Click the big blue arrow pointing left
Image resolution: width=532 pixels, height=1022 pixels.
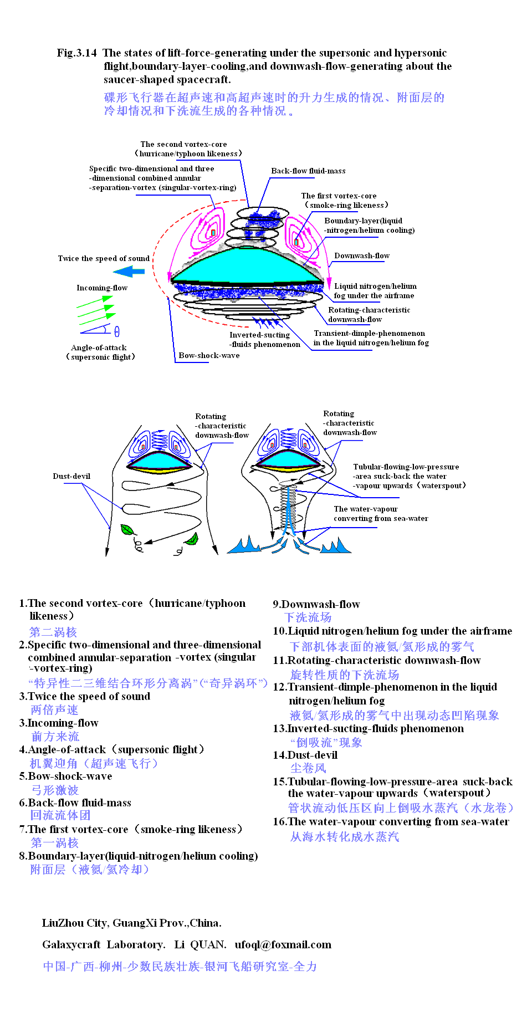pos(129,272)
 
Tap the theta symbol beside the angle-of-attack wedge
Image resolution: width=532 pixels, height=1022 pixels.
pos(117,331)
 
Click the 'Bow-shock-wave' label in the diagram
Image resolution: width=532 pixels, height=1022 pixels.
pos(209,355)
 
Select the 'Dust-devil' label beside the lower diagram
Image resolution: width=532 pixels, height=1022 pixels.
pos(71,476)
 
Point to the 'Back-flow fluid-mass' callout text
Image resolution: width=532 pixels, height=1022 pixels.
pos(308,171)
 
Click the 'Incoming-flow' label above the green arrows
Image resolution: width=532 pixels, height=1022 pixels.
pos(102,288)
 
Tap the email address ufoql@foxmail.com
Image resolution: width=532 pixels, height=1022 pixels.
pos(283,944)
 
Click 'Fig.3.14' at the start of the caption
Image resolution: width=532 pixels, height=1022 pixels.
pos(76,53)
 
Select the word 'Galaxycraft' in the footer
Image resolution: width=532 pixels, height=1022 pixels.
pos(71,944)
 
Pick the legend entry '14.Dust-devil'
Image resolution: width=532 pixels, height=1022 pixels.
pos(305,755)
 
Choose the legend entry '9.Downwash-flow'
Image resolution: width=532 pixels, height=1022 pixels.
pos(316,604)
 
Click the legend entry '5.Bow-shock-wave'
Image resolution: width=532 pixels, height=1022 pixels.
pos(65,776)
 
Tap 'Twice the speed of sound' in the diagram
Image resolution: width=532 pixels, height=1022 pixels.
pos(104,258)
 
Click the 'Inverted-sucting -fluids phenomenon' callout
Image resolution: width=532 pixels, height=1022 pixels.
pos(264,339)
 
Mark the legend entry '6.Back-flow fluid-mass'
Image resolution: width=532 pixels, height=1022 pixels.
pos(75,803)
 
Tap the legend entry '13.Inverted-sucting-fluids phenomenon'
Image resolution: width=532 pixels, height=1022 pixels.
pos(368,728)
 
